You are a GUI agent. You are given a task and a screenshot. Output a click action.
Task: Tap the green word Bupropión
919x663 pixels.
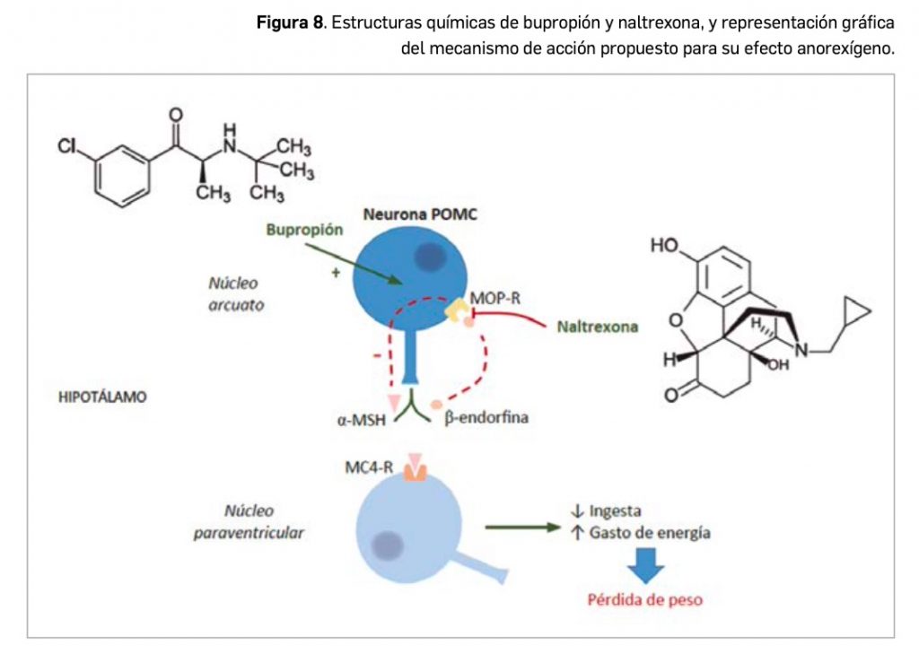point(305,230)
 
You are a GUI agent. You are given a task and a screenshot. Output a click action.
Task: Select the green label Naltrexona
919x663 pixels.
point(597,327)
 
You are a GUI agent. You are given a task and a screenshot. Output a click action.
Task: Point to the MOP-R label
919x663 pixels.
point(495,298)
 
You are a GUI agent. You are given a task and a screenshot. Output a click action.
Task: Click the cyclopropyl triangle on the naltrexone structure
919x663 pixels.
point(857,313)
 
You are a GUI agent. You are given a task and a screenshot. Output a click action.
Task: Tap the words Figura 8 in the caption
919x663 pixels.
point(290,22)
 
